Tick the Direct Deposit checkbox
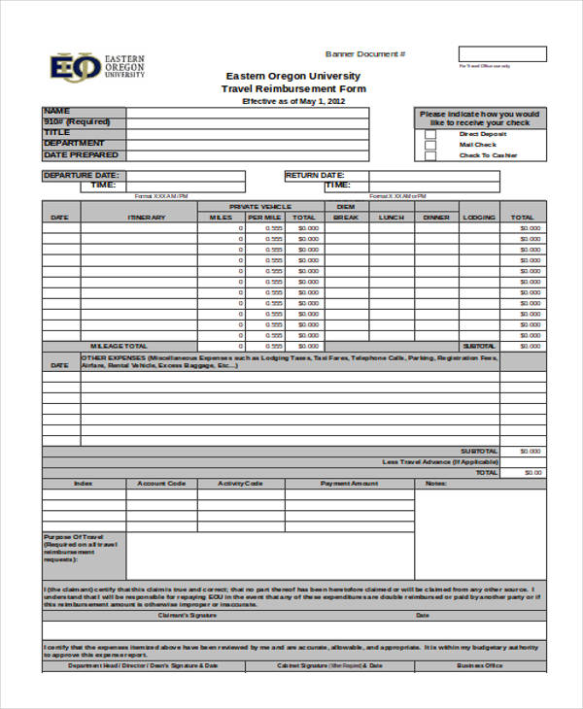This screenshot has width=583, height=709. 429,133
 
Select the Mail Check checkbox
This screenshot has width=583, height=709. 429,144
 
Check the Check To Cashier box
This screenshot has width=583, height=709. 429,155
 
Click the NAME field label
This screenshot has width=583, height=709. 58,111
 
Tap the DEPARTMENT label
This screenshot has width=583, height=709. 74,144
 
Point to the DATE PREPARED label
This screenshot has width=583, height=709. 82,154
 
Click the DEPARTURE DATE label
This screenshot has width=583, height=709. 82,176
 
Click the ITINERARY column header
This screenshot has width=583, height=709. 139,218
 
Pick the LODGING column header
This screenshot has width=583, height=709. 479,218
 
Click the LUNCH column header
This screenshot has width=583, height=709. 392,218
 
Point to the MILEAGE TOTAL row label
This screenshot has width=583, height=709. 120,346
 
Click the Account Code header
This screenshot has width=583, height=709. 161,483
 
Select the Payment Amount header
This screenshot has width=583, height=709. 350,483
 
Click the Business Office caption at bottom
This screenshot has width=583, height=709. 480,666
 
